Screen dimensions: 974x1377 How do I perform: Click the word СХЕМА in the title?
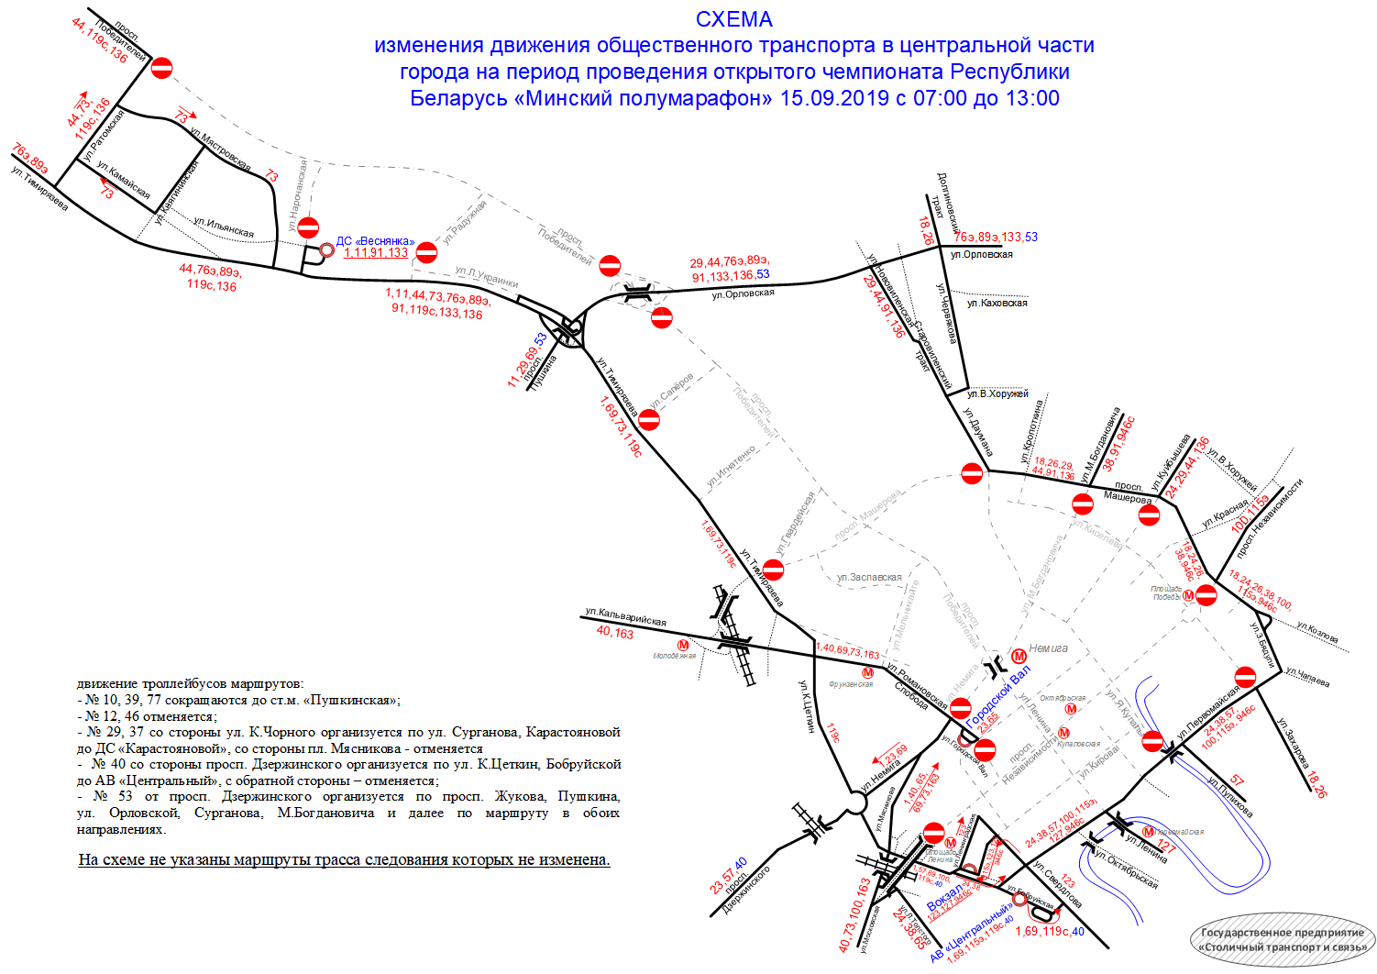click(733, 19)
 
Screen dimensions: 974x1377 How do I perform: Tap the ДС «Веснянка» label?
click(375, 241)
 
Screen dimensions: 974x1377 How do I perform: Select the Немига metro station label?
click(1048, 648)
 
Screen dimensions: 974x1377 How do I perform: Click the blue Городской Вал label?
click(997, 696)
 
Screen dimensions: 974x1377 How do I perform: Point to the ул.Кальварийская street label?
click(625, 615)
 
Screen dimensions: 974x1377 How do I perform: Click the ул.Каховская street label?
click(997, 303)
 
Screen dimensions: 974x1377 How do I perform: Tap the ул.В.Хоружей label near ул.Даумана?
click(997, 393)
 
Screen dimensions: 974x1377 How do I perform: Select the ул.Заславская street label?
click(869, 578)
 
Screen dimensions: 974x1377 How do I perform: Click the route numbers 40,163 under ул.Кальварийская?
click(614, 632)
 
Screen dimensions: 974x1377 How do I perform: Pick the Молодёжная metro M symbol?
click(683, 645)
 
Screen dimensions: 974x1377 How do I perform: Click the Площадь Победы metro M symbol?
click(1188, 595)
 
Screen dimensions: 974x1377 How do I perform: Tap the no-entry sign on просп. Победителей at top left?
click(161, 67)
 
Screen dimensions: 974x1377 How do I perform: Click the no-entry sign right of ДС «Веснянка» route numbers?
click(426, 252)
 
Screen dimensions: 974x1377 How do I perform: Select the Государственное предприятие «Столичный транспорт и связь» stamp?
click(1282, 939)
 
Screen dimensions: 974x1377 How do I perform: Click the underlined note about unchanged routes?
click(344, 859)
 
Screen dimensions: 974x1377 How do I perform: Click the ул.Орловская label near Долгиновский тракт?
click(981, 254)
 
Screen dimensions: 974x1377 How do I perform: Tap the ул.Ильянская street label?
click(224, 227)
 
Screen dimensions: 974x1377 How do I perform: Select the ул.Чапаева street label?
click(1307, 677)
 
